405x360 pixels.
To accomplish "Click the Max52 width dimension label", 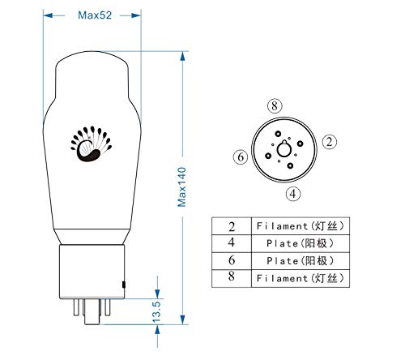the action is click(x=95, y=15).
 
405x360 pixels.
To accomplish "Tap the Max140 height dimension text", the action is click(x=181, y=186).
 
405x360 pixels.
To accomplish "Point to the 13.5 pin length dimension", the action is click(x=156, y=311).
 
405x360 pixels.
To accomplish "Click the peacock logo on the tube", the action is click(x=91, y=144).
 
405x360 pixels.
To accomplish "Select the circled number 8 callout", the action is click(x=275, y=105).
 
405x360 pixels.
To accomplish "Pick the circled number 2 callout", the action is click(x=330, y=142).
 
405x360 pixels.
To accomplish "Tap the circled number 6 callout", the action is click(x=241, y=157).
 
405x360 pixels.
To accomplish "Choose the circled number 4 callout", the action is click(x=293, y=194).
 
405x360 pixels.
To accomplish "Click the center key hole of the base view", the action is click(x=284, y=149).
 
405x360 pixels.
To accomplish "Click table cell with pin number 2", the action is click(x=232, y=226).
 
